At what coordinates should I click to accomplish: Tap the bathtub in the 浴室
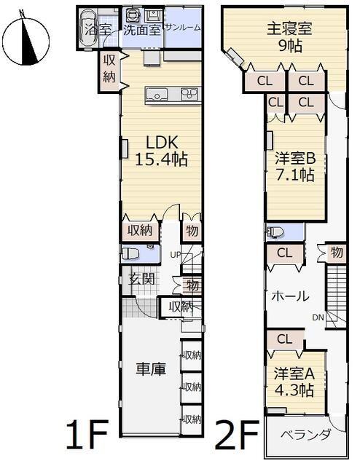[87, 28]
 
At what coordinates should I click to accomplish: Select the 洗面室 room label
[142, 30]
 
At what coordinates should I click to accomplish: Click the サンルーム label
[182, 28]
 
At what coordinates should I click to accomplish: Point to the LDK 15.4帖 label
[162, 151]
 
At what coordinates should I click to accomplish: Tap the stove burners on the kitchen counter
[189, 94]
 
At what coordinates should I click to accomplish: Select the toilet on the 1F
[130, 254]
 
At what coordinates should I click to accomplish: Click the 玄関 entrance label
[141, 279]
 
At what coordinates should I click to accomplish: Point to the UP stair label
[176, 255]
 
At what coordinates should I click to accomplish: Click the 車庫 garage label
[151, 369]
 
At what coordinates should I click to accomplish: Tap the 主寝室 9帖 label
[289, 37]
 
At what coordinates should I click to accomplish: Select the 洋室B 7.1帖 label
[295, 167]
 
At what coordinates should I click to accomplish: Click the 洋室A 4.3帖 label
[294, 382]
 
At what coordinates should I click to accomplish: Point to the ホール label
[290, 296]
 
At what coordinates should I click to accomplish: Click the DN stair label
[318, 317]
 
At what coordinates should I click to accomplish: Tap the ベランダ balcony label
[305, 435]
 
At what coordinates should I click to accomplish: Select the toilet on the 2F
[274, 232]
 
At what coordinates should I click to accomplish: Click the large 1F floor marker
[87, 433]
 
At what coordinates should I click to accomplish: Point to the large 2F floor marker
[237, 433]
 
